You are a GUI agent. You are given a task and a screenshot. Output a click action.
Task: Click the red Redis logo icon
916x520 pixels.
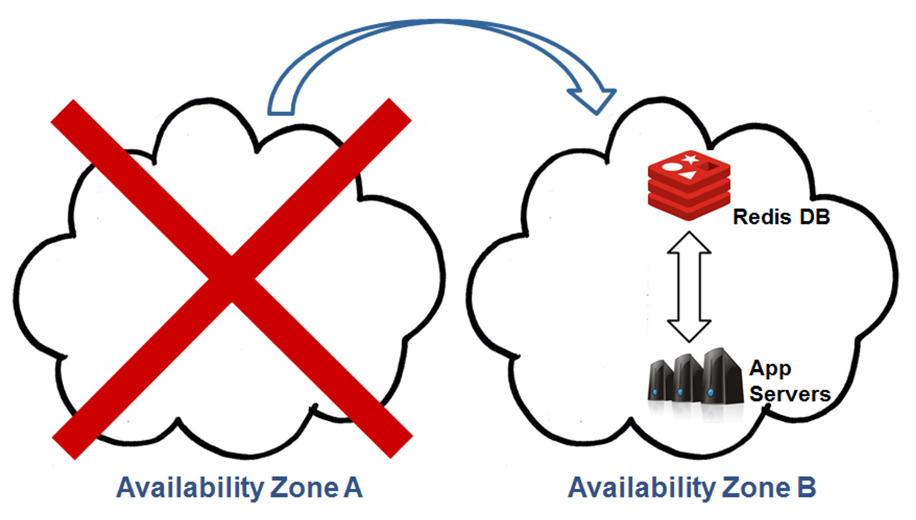689,185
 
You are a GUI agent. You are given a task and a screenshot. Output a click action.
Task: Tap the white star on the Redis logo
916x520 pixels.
690,159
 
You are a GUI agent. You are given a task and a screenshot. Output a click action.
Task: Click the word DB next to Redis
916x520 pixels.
814,217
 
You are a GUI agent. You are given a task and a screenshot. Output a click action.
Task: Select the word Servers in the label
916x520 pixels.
790,394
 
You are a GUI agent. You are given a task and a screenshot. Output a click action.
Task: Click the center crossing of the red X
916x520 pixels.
232,279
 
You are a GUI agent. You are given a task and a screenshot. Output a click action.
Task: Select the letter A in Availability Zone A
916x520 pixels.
353,487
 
